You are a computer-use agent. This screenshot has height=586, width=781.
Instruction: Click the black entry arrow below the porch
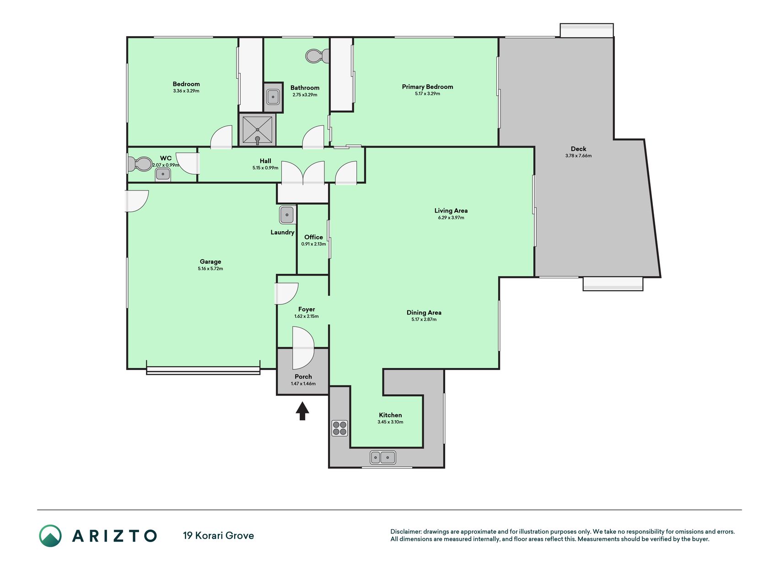pyautogui.click(x=302, y=411)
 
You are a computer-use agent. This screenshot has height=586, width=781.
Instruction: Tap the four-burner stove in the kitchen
pyautogui.click(x=339, y=428)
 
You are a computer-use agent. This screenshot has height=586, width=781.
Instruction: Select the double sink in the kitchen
pyautogui.click(x=383, y=457)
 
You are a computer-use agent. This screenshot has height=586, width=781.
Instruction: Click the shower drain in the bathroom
pyautogui.click(x=258, y=130)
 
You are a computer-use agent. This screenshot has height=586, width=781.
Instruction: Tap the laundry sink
pyautogui.click(x=287, y=214)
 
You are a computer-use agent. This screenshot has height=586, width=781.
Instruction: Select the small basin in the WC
pyautogui.click(x=163, y=174)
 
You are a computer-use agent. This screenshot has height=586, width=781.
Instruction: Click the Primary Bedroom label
pyautogui.click(x=427, y=87)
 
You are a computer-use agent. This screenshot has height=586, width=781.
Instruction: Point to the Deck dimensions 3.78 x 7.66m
pyautogui.click(x=578, y=156)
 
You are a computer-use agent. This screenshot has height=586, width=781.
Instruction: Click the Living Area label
pyautogui.click(x=451, y=211)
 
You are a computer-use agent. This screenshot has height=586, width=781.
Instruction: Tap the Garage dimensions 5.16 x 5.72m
pyautogui.click(x=210, y=269)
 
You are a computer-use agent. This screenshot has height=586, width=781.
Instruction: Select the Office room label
pyautogui.click(x=314, y=237)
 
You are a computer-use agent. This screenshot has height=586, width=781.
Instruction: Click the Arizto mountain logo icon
pyautogui.click(x=50, y=536)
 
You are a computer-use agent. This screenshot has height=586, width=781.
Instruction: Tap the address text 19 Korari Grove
pyautogui.click(x=218, y=536)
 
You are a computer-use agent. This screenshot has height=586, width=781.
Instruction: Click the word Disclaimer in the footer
pyautogui.click(x=405, y=532)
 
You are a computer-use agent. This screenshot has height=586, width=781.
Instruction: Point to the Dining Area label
pyautogui.click(x=424, y=313)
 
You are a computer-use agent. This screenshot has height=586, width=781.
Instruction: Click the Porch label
pyautogui.click(x=303, y=377)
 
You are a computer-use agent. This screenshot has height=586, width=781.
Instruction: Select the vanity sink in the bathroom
pyautogui.click(x=273, y=97)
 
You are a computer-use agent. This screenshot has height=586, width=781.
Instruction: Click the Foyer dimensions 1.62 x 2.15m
pyautogui.click(x=307, y=316)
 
